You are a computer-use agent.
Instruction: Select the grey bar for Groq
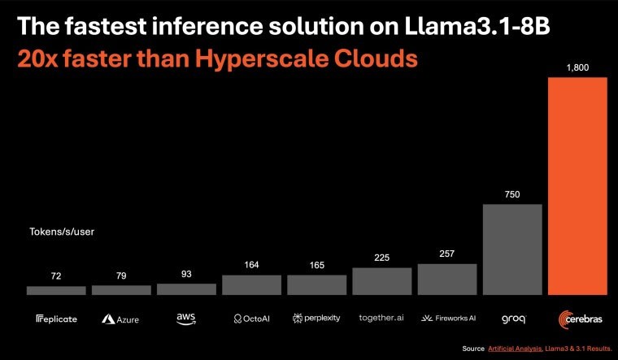click(x=512, y=249)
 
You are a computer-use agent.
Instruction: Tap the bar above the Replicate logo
click(x=56, y=290)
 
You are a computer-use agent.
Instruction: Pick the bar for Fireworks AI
click(x=447, y=279)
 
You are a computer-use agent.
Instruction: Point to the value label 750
click(x=512, y=195)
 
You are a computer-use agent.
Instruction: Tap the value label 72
click(x=56, y=277)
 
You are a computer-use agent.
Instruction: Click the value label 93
click(x=186, y=275)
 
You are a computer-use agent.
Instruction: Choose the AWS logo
click(x=186, y=319)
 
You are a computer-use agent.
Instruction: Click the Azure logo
click(x=120, y=319)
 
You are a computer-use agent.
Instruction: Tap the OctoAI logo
click(x=251, y=319)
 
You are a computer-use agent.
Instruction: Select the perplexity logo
click(x=316, y=319)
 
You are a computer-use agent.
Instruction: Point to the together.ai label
click(x=381, y=319)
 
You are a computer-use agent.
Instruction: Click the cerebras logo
click(x=577, y=319)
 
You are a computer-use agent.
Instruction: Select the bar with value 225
click(x=381, y=281)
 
